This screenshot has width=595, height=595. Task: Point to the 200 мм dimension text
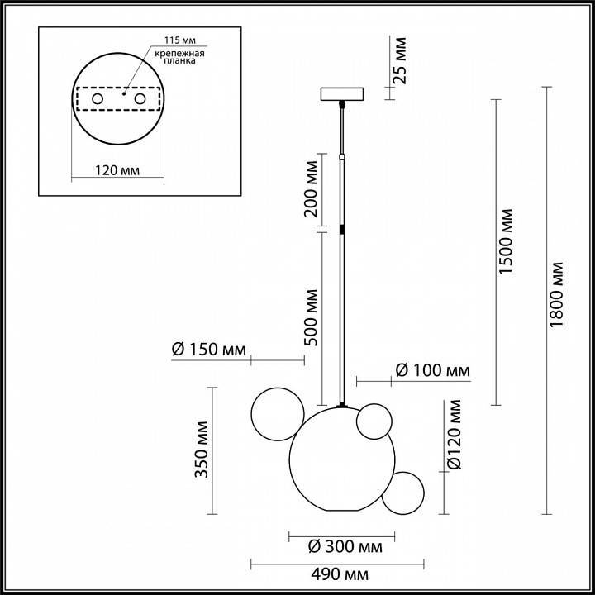(x=312, y=188)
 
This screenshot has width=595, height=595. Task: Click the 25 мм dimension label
(x=401, y=59)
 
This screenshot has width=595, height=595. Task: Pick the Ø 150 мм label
(x=208, y=350)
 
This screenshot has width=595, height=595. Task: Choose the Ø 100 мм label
(x=431, y=370)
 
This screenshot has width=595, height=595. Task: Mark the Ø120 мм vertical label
(x=453, y=435)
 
